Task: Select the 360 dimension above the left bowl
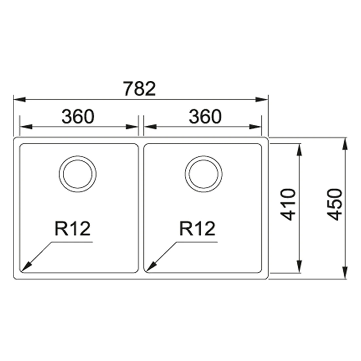tap(78, 117)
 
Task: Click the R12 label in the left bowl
tap(72, 228)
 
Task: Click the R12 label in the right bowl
tap(197, 228)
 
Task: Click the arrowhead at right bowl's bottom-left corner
tap(151, 266)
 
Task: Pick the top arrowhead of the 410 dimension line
tap(299, 150)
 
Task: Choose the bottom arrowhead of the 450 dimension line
tap(345, 272)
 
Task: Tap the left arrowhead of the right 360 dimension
tap(150, 127)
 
